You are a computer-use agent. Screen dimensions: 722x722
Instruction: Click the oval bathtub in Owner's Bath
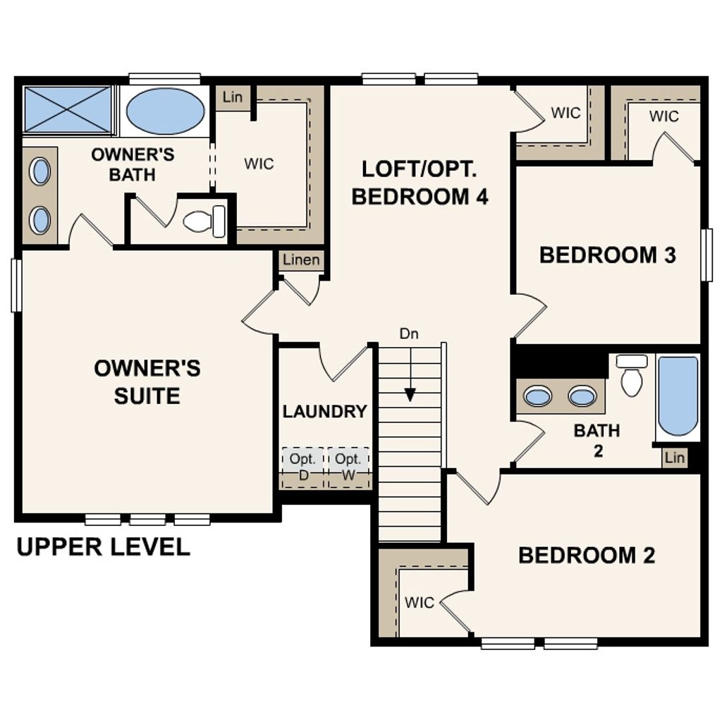[x=165, y=111]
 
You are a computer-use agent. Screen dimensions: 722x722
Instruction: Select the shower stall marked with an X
[x=68, y=109]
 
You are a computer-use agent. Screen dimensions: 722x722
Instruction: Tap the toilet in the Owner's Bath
[x=204, y=221]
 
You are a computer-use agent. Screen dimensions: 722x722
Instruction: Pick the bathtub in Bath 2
[x=678, y=396]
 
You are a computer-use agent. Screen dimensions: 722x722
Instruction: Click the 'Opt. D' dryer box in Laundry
[x=302, y=467]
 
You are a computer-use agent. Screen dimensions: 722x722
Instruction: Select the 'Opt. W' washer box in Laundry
[x=348, y=467]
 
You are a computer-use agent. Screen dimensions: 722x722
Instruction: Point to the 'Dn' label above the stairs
[x=409, y=334]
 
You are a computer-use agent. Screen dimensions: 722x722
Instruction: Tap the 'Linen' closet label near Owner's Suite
[x=301, y=260]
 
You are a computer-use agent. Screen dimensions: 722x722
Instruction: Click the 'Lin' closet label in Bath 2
[x=674, y=458]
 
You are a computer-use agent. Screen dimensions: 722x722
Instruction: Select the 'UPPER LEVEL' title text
[x=103, y=547]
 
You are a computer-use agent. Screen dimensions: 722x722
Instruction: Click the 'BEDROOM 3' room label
[x=607, y=255]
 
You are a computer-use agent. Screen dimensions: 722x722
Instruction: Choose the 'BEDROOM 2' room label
[x=587, y=556]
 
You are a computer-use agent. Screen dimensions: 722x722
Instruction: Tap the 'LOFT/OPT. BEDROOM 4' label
[x=420, y=183]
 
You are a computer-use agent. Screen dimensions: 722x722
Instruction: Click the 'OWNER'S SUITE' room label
[x=147, y=381]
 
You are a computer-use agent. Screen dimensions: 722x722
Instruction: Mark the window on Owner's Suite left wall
[x=16, y=285]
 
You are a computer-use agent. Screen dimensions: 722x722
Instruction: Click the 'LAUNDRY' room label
[x=324, y=412]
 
